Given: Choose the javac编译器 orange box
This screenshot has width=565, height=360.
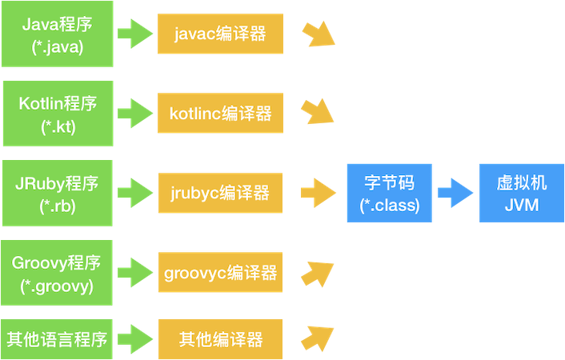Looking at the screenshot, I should pos(220,34).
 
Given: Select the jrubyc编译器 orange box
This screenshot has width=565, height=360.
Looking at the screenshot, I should pos(220,193).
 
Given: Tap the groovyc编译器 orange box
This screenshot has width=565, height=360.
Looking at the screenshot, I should pos(220,273).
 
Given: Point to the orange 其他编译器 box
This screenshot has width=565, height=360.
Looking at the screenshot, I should pos(220,338).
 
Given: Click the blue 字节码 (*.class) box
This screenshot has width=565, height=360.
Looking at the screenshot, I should pos(388,193).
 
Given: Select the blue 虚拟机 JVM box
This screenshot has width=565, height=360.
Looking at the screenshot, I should pos(522,193).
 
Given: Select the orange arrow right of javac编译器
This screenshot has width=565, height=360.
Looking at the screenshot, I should pos(318,35).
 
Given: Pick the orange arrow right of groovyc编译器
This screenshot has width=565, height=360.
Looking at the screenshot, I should pos(318,271).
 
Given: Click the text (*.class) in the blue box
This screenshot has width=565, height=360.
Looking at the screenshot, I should pos(388,205).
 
